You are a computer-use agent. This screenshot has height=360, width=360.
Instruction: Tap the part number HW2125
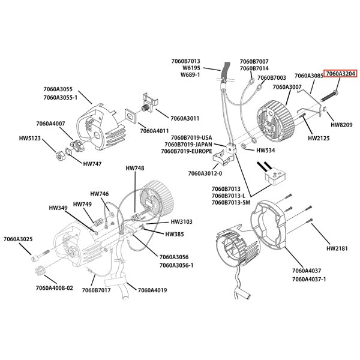(x=319, y=138)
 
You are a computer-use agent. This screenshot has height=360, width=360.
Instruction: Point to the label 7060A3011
(x=185, y=118)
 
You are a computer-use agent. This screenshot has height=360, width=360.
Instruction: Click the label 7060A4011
(x=155, y=130)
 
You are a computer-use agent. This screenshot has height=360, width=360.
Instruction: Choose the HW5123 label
(x=29, y=137)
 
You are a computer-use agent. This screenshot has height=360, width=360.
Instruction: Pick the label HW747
(x=92, y=163)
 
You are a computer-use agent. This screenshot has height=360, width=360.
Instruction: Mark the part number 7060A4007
(x=50, y=123)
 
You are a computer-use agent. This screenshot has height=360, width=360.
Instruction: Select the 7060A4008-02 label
(x=54, y=287)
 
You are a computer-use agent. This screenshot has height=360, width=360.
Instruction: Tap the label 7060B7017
(x=97, y=290)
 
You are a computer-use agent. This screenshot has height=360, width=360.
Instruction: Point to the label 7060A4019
(x=152, y=290)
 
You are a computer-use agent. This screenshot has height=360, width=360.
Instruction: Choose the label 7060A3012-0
(x=205, y=173)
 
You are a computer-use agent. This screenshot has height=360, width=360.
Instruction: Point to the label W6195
(x=190, y=68)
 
